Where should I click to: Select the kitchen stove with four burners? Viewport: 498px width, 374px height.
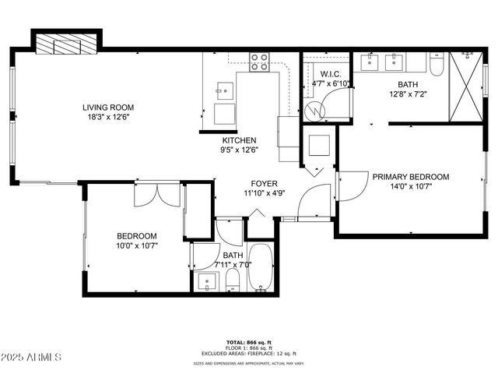pyautogui.click(x=259, y=62)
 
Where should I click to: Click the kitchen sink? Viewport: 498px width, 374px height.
pyautogui.click(x=224, y=90)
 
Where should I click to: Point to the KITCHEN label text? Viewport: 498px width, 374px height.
pyautogui.click(x=240, y=140)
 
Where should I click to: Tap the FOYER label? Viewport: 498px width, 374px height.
pyautogui.click(x=260, y=183)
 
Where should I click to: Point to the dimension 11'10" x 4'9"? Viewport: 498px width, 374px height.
pyautogui.click(x=260, y=192)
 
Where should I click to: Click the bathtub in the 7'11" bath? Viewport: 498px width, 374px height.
pyautogui.click(x=261, y=269)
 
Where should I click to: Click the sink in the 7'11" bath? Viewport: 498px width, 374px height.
pyautogui.click(x=205, y=281)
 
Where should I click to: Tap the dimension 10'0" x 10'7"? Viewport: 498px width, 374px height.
pyautogui.click(x=137, y=246)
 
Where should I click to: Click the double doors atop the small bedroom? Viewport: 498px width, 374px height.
pyautogui.click(x=157, y=195)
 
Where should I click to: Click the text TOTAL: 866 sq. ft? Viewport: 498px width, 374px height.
pyautogui.click(x=248, y=342)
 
